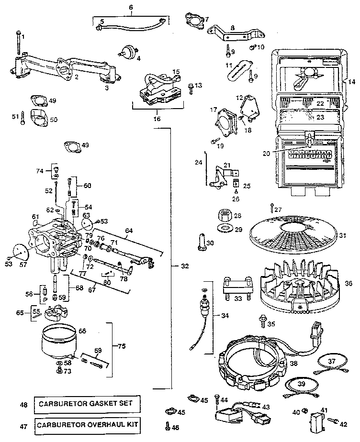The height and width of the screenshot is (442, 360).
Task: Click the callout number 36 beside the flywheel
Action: [x=349, y=283]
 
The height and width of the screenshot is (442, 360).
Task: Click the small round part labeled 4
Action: [x=127, y=51]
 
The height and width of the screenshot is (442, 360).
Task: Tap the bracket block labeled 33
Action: [x=236, y=288]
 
